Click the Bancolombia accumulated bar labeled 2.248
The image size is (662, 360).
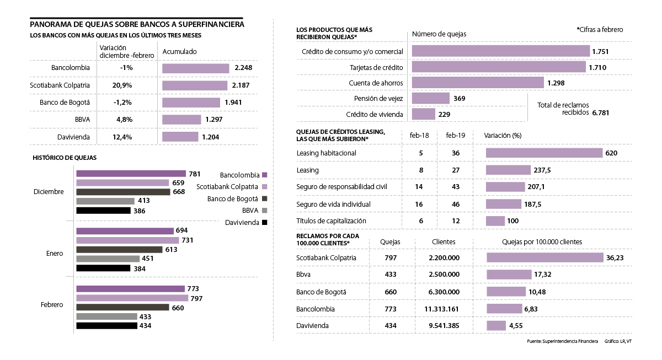pyautogui.click(x=195, y=68)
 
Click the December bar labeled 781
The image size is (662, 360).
pyautogui.click(x=131, y=174)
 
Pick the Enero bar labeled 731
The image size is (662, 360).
pyautogui.click(x=127, y=240)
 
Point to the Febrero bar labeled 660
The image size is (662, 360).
pyautogui.click(x=122, y=307)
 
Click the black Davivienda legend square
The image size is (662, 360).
pyautogui.click(x=265, y=223)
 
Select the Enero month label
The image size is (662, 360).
pyautogui.click(x=54, y=254)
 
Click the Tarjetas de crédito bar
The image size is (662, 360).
pyautogui.click(x=498, y=67)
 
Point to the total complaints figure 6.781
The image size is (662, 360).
pyautogui.click(x=601, y=112)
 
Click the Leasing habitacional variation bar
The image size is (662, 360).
pyautogui.click(x=544, y=153)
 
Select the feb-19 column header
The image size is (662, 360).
pyautogui.click(x=456, y=136)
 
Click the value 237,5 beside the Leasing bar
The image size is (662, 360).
pyautogui.click(x=542, y=170)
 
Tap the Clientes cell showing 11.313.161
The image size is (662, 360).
pyautogui.click(x=444, y=309)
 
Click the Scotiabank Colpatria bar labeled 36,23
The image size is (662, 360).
pyautogui.click(x=545, y=257)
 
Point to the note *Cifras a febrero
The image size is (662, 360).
pyautogui.click(x=600, y=30)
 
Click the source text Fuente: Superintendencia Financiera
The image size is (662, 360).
pyautogui.click(x=563, y=342)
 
